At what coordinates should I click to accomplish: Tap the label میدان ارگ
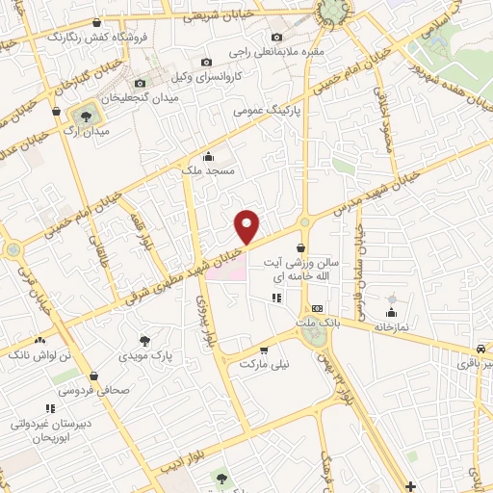92,131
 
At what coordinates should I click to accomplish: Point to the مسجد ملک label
209,169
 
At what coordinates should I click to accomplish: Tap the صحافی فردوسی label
97,391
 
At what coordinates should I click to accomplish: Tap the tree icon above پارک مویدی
144,341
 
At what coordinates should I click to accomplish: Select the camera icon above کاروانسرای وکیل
204,63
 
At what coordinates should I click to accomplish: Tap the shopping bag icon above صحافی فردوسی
93,376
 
